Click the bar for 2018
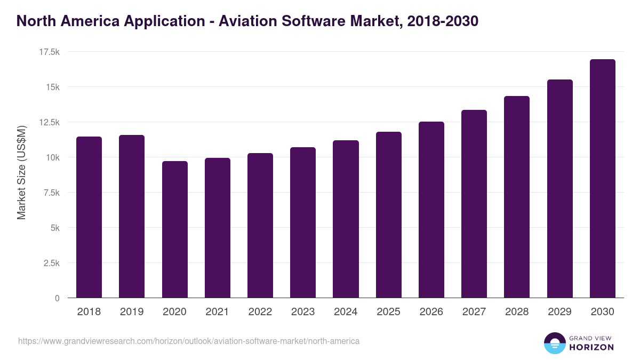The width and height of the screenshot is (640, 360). [x=89, y=217]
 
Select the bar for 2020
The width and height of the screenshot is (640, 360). [x=175, y=229]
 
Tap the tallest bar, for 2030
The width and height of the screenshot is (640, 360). [x=602, y=179]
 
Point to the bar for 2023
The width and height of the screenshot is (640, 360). [x=303, y=222]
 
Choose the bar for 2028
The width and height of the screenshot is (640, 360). [x=517, y=197]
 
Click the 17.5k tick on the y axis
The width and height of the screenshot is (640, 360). [x=49, y=52]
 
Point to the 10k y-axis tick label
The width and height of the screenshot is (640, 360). [x=52, y=157]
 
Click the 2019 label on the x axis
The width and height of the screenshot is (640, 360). [x=131, y=312]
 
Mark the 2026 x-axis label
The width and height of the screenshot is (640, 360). [x=431, y=312]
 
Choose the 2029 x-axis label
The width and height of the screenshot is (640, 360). [x=559, y=312]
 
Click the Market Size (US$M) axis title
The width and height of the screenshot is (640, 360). [x=21, y=172]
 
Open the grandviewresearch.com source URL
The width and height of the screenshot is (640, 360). [x=189, y=341]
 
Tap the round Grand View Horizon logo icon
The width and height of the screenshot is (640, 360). [x=555, y=343]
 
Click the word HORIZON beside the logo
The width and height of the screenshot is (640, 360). [x=591, y=347]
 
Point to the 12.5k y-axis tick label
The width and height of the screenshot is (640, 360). [x=49, y=122]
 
